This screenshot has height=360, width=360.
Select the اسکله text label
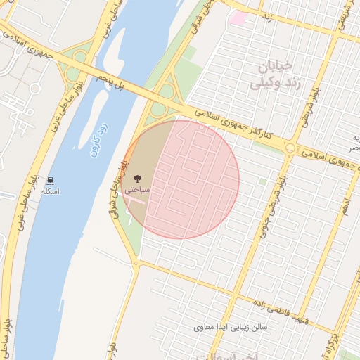tap(51, 191)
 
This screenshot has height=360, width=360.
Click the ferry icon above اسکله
tap(51, 180)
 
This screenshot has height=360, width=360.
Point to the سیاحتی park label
tap(136, 190)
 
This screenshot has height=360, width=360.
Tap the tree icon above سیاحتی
tap(136, 179)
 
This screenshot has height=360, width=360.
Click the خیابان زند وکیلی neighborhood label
tap(276, 76)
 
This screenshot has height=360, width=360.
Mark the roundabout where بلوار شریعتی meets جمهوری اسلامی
tap(290, 147)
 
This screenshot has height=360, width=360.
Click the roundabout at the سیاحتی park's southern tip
tap(136, 264)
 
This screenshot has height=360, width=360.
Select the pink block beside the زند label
tap(238, 17)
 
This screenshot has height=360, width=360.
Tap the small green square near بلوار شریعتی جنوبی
tap(262, 181)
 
